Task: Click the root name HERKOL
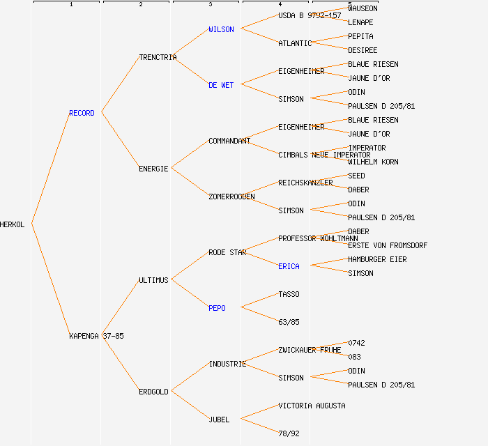13,224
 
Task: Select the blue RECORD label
82,113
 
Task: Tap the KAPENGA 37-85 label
96,336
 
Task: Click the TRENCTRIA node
158,57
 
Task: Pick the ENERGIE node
153,169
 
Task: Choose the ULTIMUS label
153,280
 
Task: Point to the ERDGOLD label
153,392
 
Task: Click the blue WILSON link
221,29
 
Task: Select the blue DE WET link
221,85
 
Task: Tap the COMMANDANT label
229,141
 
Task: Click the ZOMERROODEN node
231,197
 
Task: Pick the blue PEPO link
217,308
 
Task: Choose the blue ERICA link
289,266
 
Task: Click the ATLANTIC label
295,43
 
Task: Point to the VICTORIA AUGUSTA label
312,406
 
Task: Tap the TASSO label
289,294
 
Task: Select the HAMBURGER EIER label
377,259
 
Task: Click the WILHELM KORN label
373,162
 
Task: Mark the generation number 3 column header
210,5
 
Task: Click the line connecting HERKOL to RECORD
50,169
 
